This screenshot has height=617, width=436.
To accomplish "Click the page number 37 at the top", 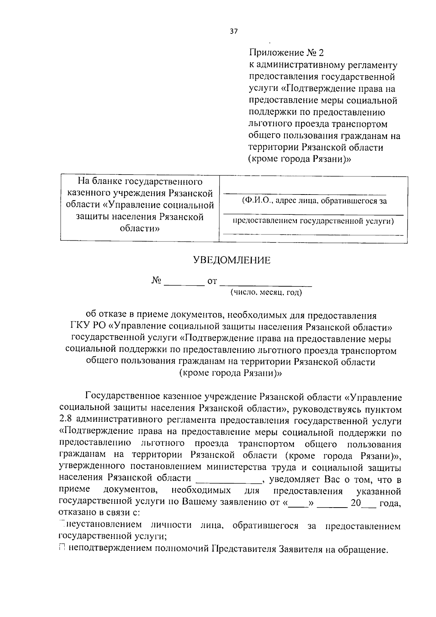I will click(x=234, y=32).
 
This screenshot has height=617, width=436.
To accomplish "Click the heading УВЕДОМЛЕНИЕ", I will click(x=231, y=260).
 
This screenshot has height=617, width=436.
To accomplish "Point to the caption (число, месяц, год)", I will click(x=266, y=292).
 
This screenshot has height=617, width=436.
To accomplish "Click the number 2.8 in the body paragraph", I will click(x=66, y=421).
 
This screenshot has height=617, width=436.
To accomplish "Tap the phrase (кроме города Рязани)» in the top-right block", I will click(x=300, y=159).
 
